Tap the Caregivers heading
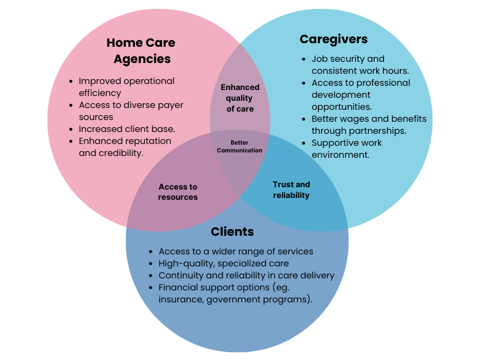coord(334,40)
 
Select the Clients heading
coord(232,232)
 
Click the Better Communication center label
coord(239,146)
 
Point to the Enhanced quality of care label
coord(240,98)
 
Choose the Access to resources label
coord(178,192)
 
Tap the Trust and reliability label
coord(291,190)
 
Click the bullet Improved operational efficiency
coord(127,87)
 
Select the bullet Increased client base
coord(127,129)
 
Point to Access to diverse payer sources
coord(131,111)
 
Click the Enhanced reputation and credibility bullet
coord(125,147)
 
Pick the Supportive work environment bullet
coord(347,149)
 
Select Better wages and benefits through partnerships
coord(368,125)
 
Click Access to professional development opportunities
coord(361,95)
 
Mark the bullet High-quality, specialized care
coord(223,263)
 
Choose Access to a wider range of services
coord(236,251)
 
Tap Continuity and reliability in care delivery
coord(246,275)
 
